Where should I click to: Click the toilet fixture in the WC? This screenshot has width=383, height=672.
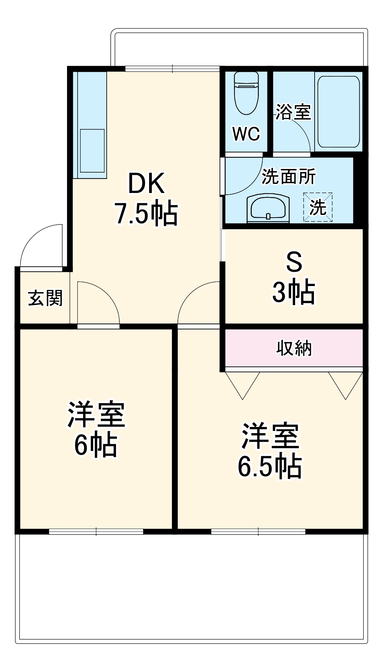246,93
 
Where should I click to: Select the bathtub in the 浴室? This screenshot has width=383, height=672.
339,112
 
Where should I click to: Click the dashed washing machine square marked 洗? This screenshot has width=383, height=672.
318,207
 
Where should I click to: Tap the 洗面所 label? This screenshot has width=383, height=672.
289,177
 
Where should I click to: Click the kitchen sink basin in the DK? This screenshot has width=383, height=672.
92,151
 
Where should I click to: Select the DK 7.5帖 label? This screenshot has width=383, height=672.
146,198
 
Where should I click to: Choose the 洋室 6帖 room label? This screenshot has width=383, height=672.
96,429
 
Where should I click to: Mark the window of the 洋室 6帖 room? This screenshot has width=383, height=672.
96,531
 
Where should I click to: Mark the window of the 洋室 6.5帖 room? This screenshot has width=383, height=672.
258,531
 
